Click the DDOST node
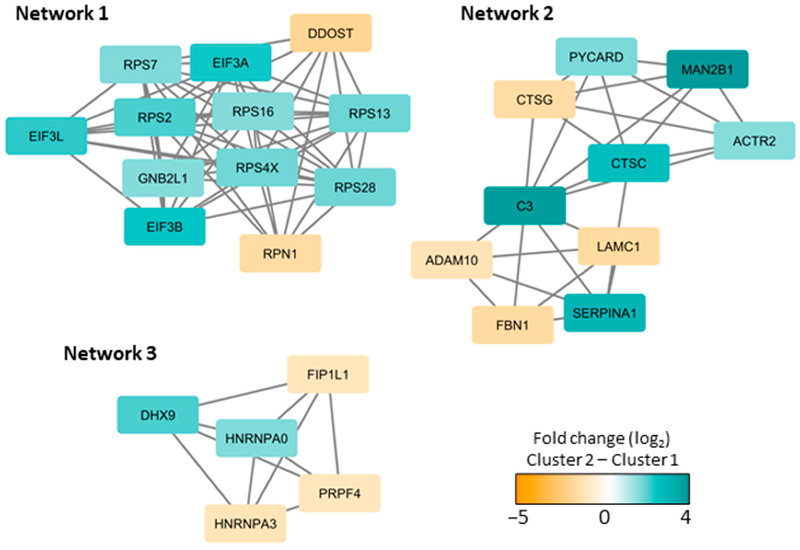331,33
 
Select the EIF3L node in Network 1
46,136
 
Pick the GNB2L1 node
163,178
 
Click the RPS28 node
355,187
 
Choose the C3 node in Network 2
525,206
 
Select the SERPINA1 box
605,313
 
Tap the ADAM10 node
451,260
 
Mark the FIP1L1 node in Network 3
328,374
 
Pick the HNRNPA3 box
245,523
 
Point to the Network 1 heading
62,14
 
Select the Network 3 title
110,354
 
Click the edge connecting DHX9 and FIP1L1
243,395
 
